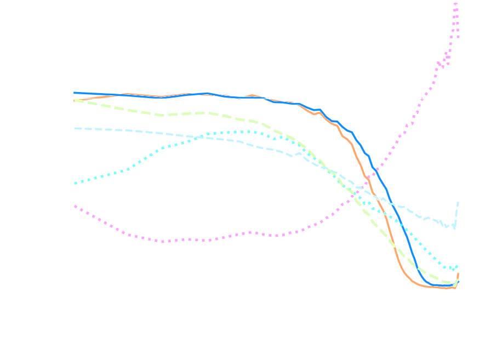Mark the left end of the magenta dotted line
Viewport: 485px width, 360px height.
(x=74, y=206)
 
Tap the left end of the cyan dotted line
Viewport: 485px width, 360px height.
(x=74, y=183)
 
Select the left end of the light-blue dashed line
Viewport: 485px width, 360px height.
(x=74, y=128)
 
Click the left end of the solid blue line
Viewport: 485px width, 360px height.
(x=74, y=93)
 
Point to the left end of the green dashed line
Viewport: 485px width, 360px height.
(x=74, y=100)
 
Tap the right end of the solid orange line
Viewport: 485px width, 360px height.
(x=458, y=273)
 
